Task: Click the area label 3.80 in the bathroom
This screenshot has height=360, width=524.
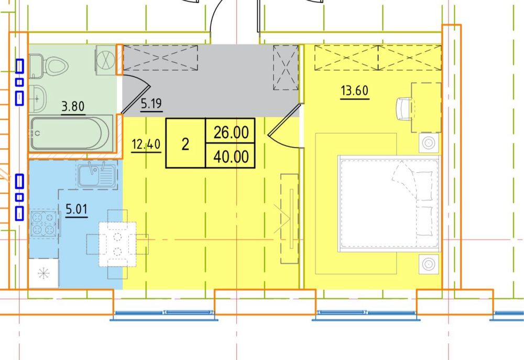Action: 73,106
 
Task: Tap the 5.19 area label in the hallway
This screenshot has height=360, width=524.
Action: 151,104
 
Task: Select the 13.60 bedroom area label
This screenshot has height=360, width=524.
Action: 355,91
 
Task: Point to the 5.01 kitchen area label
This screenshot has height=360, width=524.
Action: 77,209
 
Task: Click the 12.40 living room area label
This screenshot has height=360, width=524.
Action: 146,145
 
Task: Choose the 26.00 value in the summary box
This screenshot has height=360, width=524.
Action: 231,133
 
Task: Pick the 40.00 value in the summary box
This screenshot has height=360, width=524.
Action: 231,157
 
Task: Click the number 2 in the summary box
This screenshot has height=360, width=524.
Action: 185,145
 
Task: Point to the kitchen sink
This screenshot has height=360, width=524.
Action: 97,175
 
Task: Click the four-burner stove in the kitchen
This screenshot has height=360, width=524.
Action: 44,223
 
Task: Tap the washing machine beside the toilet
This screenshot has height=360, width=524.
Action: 106,60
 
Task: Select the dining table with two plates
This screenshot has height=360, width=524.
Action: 117,244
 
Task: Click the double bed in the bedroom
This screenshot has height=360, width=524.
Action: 389,203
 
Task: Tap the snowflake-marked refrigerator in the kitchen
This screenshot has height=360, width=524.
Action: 43,274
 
